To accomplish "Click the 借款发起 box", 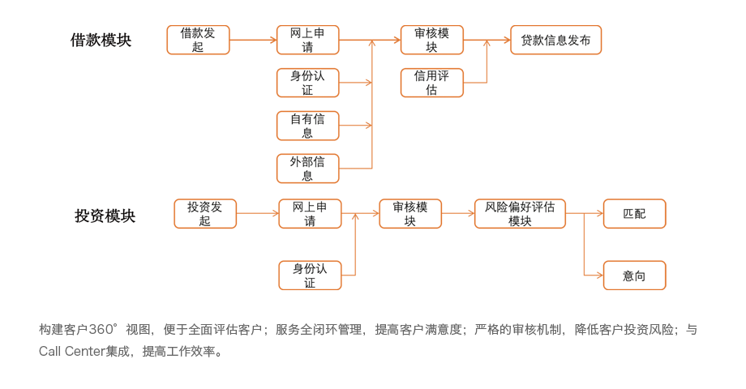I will click(x=198, y=40).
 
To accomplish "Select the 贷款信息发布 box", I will click(x=555, y=40).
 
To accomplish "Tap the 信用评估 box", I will click(x=431, y=83).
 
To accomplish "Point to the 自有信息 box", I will click(x=307, y=126).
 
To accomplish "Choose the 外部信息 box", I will click(x=307, y=169).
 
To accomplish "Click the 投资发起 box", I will click(x=205, y=213).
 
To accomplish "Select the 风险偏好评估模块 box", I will click(x=520, y=213).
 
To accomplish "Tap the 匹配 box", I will click(x=634, y=213).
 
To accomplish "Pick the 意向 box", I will click(x=634, y=276).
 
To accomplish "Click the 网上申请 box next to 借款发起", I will click(x=307, y=40).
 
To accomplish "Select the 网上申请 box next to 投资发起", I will click(x=310, y=213).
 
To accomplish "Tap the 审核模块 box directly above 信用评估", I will click(x=431, y=40).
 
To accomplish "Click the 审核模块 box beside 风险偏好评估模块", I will click(x=410, y=213).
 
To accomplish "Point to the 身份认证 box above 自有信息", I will click(x=307, y=83).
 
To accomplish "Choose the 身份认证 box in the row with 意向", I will click(x=310, y=276).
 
